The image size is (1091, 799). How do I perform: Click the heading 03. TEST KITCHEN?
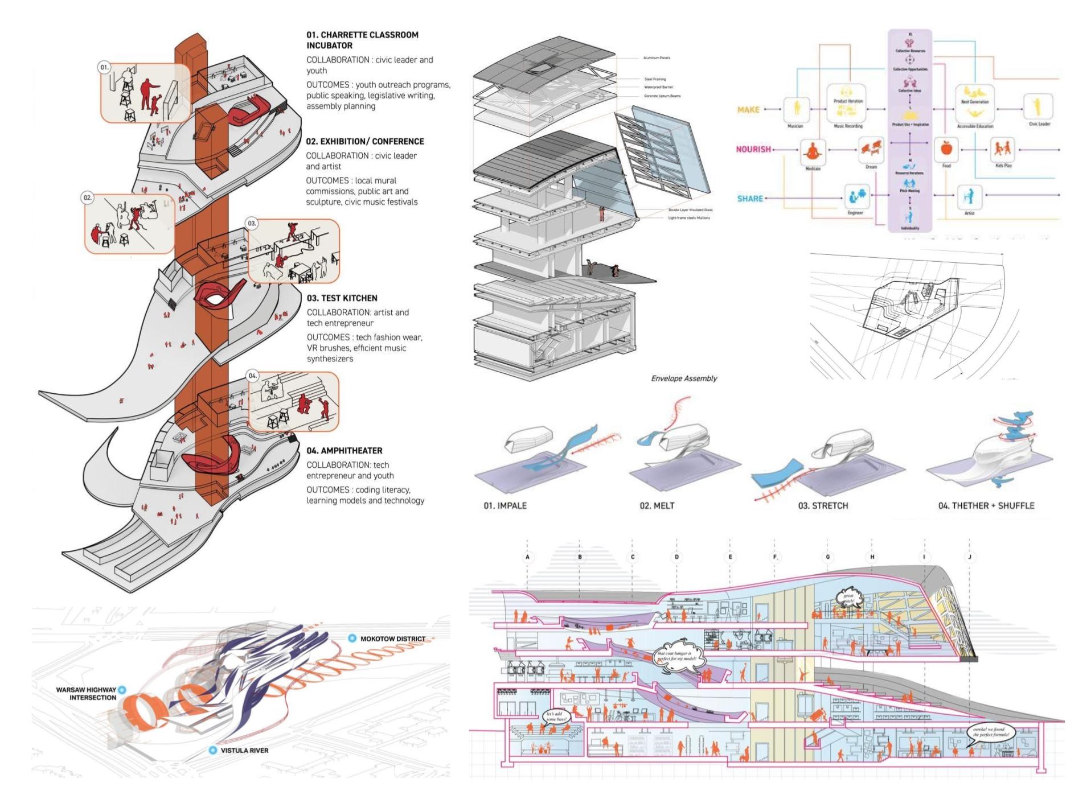(x=342, y=298)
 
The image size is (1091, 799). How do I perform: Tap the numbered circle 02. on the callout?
(x=87, y=198)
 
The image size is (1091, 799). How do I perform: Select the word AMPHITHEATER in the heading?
(x=351, y=451)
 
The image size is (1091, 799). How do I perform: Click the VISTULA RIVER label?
(x=244, y=751)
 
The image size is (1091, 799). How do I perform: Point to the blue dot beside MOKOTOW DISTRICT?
(x=352, y=639)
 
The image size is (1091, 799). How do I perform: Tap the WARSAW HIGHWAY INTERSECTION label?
(x=86, y=693)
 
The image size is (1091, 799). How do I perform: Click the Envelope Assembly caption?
(x=684, y=378)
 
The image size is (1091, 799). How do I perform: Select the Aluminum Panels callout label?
(x=657, y=58)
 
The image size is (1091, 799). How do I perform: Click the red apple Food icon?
(x=946, y=149)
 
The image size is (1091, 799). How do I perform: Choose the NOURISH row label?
(x=753, y=150)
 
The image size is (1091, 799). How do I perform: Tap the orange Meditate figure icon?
(x=813, y=152)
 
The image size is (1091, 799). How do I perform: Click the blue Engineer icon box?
(x=855, y=197)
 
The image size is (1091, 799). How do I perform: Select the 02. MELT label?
(x=657, y=505)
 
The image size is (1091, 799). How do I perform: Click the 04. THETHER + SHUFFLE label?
(x=986, y=505)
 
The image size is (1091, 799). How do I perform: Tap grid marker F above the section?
(x=774, y=557)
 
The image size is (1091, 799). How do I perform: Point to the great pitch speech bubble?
(x=848, y=599)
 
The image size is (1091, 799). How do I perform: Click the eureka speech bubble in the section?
(x=991, y=732)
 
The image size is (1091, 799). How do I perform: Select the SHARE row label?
(x=750, y=199)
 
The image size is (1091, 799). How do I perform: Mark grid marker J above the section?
(x=970, y=557)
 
